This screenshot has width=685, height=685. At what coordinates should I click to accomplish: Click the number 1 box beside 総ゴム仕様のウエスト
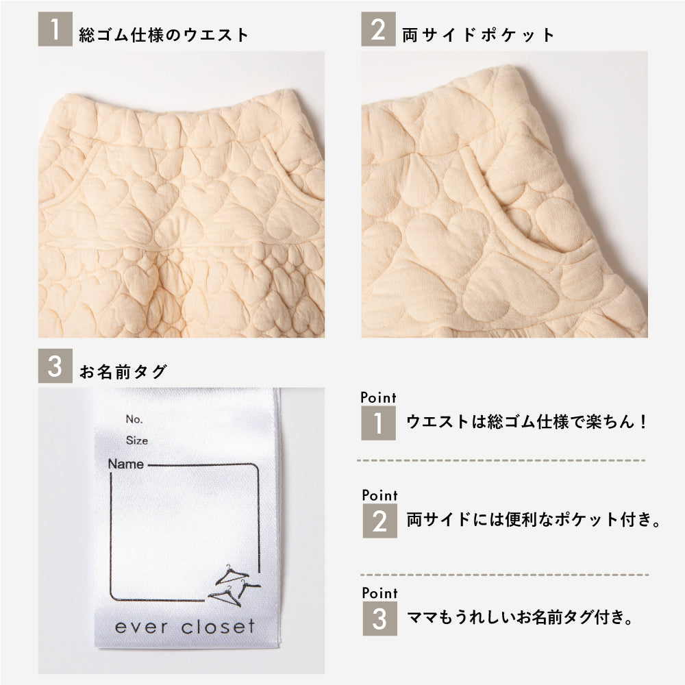tap(55, 29)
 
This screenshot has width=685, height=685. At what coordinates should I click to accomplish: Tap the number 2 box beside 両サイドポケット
tap(378, 29)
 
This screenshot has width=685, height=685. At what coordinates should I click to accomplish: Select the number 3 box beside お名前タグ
tap(55, 366)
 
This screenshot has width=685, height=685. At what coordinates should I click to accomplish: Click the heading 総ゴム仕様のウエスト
tap(164, 34)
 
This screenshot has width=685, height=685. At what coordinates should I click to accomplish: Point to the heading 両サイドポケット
tap(478, 34)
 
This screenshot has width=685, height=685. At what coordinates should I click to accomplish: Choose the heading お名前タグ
tap(123, 372)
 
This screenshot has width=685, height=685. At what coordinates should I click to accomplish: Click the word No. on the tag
tap(134, 419)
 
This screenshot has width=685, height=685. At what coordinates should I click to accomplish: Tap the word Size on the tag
tap(137, 440)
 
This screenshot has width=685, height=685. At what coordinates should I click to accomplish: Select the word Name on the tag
tap(126, 464)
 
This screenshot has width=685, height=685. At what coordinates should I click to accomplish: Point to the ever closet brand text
tap(185, 627)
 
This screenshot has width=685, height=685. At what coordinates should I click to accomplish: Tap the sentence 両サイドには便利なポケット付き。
tap(534, 520)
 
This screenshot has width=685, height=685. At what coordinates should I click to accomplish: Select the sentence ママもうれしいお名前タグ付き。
tap(520, 618)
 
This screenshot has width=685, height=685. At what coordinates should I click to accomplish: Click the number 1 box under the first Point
tap(378, 423)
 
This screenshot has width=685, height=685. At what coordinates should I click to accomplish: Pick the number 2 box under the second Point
tap(379, 521)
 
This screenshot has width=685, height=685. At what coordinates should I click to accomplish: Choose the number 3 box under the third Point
tap(379, 619)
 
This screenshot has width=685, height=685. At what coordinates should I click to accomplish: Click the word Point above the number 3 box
tap(379, 593)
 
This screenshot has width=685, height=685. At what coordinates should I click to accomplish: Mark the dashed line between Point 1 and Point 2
tap(501, 460)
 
